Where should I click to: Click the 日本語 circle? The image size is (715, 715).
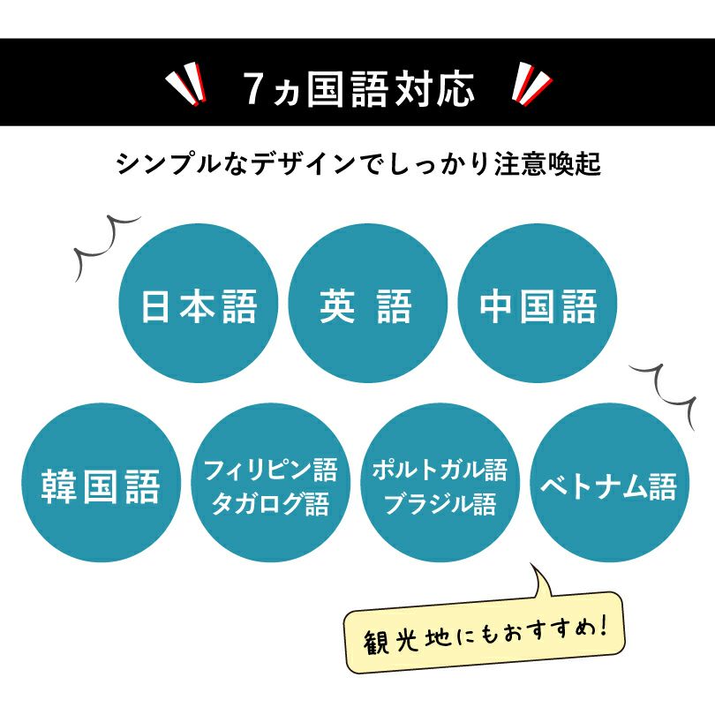click(199, 306)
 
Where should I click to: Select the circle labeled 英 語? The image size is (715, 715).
click(365, 306)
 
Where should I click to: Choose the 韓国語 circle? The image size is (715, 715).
click(101, 487)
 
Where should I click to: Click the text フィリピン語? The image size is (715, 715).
click(270, 469)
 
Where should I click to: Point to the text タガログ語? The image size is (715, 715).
click(270, 505)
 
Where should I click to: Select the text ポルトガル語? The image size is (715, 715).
click(440, 469)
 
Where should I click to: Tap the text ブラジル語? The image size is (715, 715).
click(440, 505)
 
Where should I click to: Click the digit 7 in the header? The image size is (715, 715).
click(253, 89)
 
